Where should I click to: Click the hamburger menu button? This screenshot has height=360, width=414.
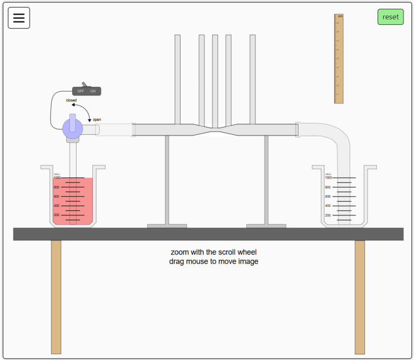point(19,18)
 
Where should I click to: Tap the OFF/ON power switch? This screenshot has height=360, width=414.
point(87,91)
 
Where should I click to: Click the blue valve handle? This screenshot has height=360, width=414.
point(72,127)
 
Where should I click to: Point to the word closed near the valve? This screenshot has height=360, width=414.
point(71,100)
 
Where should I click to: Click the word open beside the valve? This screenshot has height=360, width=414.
point(97,120)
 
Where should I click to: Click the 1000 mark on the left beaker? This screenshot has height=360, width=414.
point(57,178)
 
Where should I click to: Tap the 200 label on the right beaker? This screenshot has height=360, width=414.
point(328,215)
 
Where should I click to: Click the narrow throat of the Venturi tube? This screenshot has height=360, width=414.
point(215,129)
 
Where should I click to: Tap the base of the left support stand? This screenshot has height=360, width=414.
point(167,226)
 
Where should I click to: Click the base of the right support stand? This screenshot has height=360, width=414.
point(266,226)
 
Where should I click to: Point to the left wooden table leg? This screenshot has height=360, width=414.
point(56,296)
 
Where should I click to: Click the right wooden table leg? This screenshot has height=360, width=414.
point(360,296)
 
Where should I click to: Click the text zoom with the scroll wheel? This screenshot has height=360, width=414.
point(213,252)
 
